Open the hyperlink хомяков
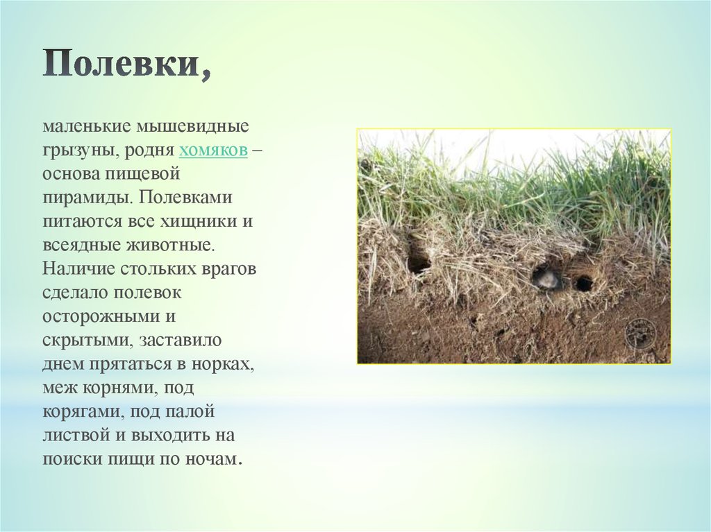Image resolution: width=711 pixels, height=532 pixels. pos(214,150)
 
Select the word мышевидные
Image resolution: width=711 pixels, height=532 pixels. pos(193,126)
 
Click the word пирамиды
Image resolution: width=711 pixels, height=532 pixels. pos(88,198)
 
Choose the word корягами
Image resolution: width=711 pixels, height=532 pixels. pos(83,412)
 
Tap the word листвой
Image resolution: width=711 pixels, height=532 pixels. pos(76,436)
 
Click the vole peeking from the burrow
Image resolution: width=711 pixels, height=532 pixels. pos(546,277)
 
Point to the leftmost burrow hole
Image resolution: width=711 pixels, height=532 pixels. pos(419,264)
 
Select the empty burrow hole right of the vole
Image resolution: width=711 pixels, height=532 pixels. pos(584,283)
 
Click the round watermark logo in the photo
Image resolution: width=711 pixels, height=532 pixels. pos(640,334)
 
